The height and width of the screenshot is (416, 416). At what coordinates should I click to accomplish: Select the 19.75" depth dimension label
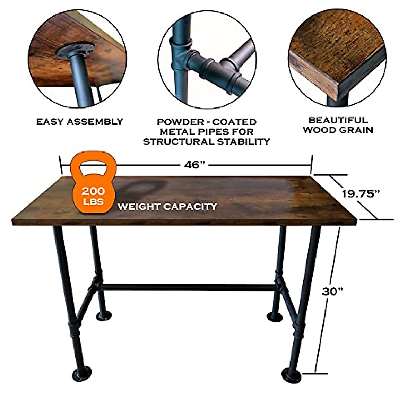(359, 193)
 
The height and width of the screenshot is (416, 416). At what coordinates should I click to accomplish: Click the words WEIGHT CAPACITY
(167, 207)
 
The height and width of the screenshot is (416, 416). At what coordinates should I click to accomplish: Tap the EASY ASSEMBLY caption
(80, 122)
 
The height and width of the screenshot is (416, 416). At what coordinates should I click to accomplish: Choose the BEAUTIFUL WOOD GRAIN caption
(338, 125)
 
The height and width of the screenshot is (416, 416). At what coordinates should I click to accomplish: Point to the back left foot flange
(103, 315)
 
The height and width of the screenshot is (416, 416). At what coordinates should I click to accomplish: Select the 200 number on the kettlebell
(93, 191)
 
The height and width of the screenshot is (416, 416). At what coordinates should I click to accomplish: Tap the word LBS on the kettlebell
(93, 201)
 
